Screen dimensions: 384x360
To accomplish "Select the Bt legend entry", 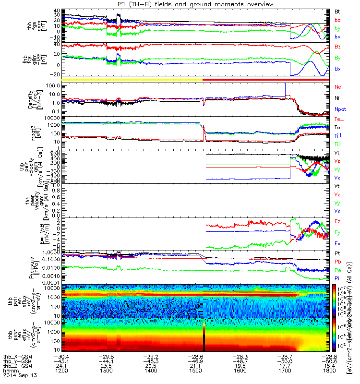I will (x=338, y=11).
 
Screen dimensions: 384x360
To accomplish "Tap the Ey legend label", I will (x=338, y=233).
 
